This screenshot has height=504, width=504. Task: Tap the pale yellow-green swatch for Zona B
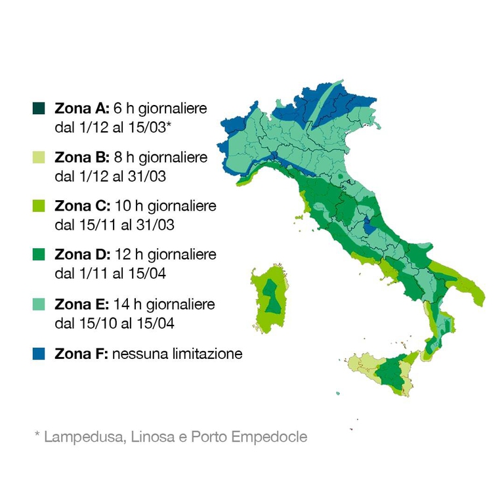(39, 157)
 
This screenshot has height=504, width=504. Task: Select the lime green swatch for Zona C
(39, 207)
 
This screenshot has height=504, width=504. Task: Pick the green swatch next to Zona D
(39, 255)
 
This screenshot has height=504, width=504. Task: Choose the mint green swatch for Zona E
(39, 304)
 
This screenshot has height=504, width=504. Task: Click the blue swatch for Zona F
(39, 354)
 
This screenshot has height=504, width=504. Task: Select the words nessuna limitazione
(177, 354)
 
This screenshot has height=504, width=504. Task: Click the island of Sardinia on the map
(269, 299)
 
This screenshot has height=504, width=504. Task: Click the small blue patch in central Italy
(370, 226)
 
